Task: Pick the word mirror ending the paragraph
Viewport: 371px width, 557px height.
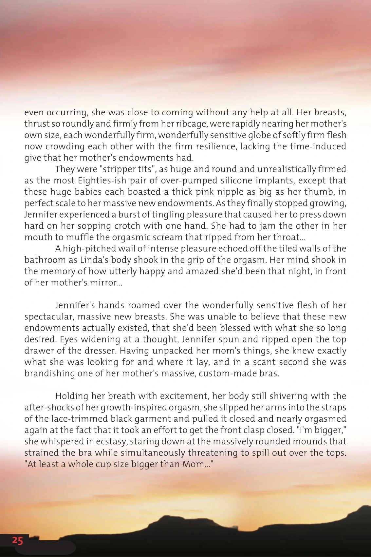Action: [x=107, y=282]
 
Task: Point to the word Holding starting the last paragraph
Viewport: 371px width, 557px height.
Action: [x=72, y=396]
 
